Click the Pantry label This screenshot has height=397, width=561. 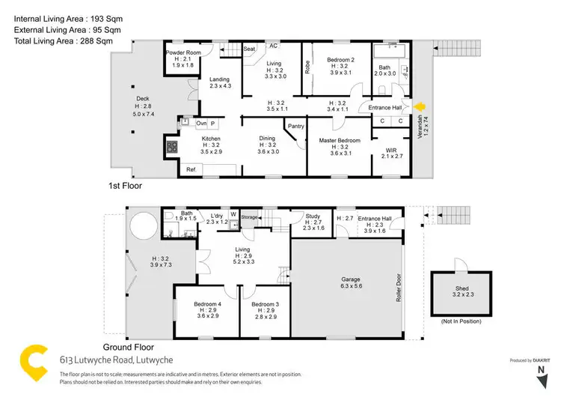(x=295, y=127)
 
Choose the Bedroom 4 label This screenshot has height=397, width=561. (x=206, y=304)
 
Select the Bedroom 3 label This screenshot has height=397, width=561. (x=266, y=304)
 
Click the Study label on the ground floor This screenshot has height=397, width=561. (x=313, y=216)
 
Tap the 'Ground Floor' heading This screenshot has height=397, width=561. (x=128, y=347)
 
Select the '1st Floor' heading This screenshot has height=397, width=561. (x=126, y=184)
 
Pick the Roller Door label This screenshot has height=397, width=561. (x=399, y=285)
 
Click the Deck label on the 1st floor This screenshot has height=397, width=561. (x=142, y=98)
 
